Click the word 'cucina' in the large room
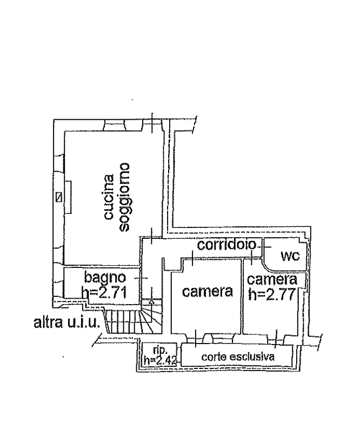coord(109,197)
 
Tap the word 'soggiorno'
coord(124,197)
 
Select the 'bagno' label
coord(105,277)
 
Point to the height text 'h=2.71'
coord(104,292)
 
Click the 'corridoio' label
coord(226,245)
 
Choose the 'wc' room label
coord(290,256)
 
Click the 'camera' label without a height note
coord(208,291)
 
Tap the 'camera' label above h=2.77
coord(272,279)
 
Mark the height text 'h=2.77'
coord(272,294)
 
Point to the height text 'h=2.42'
coord(160,360)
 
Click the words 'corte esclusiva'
coord(238,357)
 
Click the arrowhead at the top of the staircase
coord(151,301)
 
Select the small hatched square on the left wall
coord(58,197)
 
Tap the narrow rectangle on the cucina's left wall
coord(68,197)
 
